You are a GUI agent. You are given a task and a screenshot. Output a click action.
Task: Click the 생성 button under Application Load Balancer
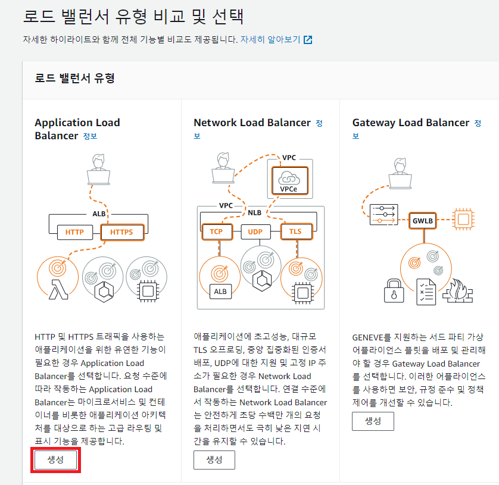coord(55,460)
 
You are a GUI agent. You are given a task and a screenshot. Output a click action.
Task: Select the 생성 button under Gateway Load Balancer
coord(373,421)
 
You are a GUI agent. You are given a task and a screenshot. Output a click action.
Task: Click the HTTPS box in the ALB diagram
coord(121,231)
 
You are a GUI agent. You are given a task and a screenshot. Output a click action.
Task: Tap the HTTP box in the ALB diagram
coord(74,231)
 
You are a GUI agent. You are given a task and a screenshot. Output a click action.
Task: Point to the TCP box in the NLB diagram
coord(216,231)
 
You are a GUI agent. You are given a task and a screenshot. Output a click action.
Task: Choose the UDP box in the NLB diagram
coord(255,231)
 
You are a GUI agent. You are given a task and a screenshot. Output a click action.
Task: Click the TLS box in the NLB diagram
coord(295,231)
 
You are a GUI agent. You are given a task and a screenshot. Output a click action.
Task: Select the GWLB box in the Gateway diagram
coord(423,220)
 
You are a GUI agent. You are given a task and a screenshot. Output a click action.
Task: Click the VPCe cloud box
coord(289,180)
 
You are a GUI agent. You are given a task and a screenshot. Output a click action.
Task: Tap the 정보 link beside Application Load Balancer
coord(90,136)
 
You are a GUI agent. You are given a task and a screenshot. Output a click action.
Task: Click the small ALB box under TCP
coord(219,291)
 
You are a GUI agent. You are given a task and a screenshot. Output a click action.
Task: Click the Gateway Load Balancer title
coord(411,123)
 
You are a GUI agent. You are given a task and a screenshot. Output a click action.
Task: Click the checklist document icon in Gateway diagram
coord(426,291)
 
